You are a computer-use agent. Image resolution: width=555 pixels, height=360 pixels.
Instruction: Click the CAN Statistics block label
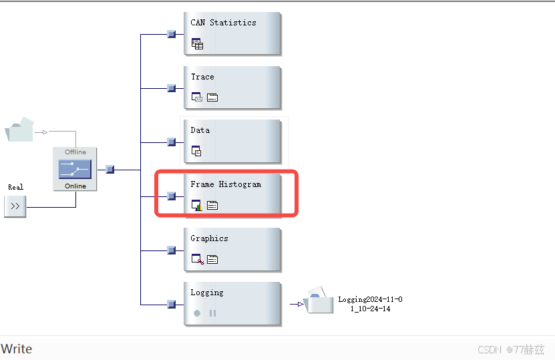pos(223,23)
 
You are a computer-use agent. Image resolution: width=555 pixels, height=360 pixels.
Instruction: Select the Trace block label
pos(202,77)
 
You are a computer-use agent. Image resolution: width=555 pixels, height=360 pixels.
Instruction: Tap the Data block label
pos(200,130)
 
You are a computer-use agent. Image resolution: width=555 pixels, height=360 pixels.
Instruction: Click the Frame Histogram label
pos(226,184)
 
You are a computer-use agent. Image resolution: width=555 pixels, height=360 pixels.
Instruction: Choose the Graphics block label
pos(209,238)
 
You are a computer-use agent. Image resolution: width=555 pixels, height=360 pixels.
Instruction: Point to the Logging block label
pos(207,293)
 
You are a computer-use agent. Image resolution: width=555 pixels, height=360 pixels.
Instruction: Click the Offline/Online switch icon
pos(75,169)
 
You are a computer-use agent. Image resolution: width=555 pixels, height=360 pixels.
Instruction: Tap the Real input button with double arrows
pos(15,207)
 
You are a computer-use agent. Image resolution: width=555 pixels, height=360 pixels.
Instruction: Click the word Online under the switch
pos(75,186)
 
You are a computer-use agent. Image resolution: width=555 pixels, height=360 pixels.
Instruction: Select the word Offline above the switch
pos(75,152)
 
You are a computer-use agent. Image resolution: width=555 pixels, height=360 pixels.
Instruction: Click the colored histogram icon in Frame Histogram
pos(197,205)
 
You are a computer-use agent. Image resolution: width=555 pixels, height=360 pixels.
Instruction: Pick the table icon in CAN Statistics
pos(197,44)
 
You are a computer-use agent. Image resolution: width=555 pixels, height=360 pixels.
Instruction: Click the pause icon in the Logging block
pos(212,313)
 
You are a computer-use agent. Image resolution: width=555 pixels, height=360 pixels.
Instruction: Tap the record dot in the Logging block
pos(197,313)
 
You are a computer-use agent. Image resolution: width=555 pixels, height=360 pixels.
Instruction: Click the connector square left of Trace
pos(171,87)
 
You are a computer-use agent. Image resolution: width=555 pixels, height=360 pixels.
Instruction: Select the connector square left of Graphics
pos(171,250)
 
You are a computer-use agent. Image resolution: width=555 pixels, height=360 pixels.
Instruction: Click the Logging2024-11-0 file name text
pos(370,300)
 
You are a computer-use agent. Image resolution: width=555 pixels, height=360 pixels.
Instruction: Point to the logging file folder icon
pos(319,302)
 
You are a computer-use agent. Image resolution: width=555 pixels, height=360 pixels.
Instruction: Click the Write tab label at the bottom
pos(17,349)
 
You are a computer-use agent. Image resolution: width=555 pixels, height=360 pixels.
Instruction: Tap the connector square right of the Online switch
pos(110,170)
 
